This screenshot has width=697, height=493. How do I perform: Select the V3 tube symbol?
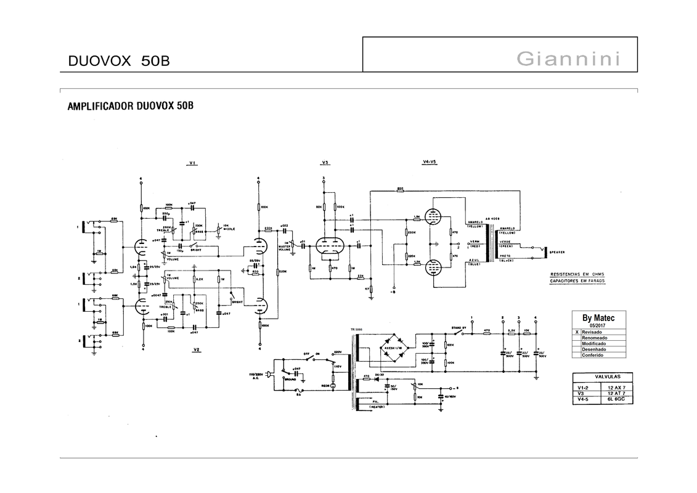click(327, 245)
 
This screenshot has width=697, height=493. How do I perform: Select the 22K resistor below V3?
click(361, 275)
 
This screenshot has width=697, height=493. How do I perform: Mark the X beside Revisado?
click(577, 332)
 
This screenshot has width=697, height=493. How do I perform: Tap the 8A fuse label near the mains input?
click(299, 394)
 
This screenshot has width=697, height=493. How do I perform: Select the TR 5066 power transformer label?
click(356, 329)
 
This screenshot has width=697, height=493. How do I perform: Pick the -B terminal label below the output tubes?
click(392, 293)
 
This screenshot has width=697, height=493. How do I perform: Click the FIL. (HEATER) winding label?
click(376, 404)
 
